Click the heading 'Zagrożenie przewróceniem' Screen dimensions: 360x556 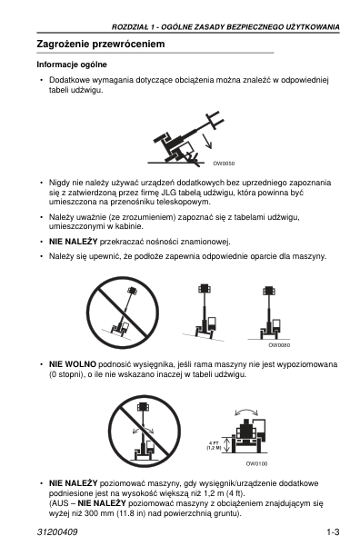(x=101, y=45)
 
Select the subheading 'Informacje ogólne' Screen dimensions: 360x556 (x=72, y=65)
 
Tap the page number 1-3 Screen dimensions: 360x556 (x=333, y=531)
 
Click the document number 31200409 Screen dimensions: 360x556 (x=57, y=531)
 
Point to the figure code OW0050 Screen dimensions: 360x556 (x=224, y=164)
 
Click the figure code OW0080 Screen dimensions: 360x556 (x=279, y=345)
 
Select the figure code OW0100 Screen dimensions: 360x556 (x=256, y=463)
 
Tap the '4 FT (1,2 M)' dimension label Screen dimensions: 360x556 (x=214, y=445)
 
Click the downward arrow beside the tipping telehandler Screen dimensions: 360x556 (x=206, y=141)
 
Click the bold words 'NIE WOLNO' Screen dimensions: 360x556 (x=73, y=364)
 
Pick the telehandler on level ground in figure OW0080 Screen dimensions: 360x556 (x=271, y=313)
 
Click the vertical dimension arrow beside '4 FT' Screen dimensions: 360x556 (x=227, y=444)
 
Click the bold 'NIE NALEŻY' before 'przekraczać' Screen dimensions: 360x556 (x=73, y=242)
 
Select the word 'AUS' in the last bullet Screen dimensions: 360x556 (x=60, y=503)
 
